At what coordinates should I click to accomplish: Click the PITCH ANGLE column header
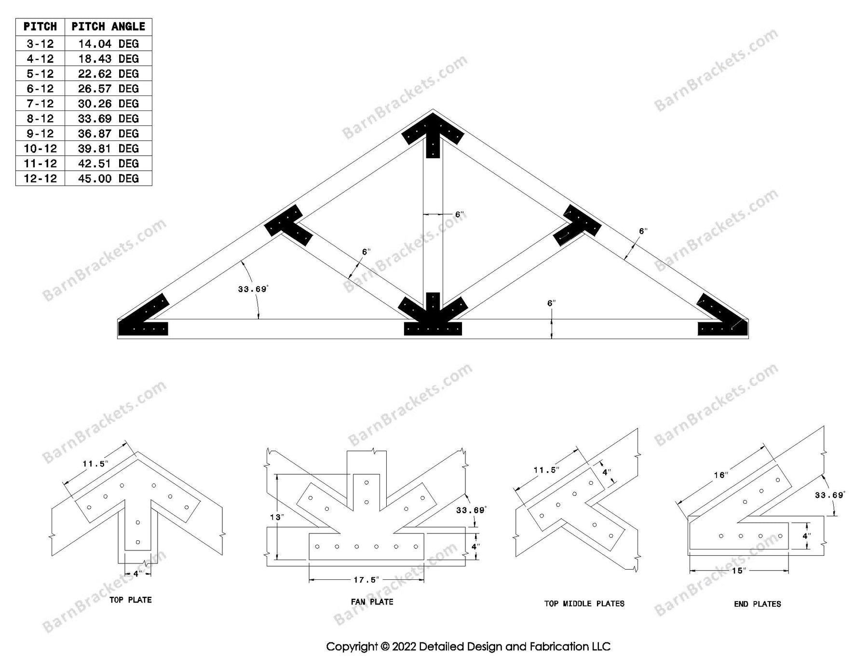[108, 27]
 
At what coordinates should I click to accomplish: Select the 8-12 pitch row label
[40, 119]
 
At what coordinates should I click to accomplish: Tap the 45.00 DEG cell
[108, 178]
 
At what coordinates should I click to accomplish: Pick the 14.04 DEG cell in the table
[108, 44]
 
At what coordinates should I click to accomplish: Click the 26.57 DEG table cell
[108, 89]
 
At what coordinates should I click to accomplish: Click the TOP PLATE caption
[130, 600]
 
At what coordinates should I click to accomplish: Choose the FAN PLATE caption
[372, 602]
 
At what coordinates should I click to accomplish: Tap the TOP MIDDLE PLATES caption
[584, 603]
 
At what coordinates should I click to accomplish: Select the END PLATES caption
[757, 604]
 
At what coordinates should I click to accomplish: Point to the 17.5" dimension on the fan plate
[366, 580]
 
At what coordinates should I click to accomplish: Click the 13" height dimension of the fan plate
[277, 517]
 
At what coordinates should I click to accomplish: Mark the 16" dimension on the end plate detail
[720, 475]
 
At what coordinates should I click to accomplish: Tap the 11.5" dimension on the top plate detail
[95, 464]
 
